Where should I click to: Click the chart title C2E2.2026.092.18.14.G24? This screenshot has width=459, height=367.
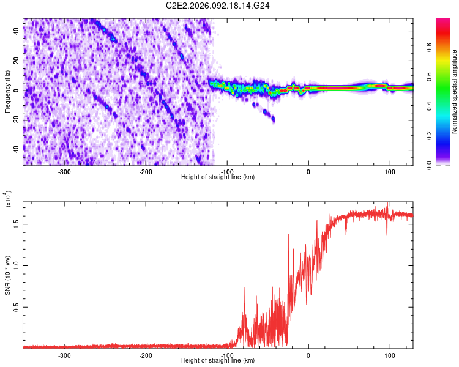(x=218, y=5)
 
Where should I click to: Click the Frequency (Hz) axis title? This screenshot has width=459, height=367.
(x=7, y=92)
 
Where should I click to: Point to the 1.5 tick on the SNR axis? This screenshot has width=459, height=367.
(x=17, y=224)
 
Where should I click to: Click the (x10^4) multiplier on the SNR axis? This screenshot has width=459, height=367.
(x=7, y=199)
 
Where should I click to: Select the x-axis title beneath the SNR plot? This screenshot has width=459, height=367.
(x=218, y=361)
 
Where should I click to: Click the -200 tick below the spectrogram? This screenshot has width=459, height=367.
(x=146, y=171)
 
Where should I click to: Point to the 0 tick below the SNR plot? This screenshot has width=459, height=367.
(x=308, y=355)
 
